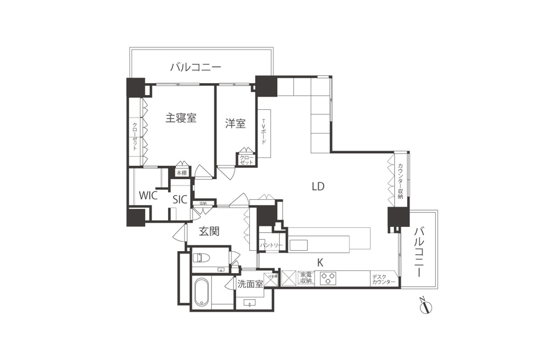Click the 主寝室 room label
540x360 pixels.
pyautogui.click(x=181, y=118)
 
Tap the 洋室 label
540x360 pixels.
pyautogui.click(x=235, y=123)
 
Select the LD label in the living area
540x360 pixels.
pyautogui.click(x=318, y=186)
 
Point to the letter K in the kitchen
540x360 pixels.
pyautogui.click(x=320, y=263)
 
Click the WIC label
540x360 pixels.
pyautogui.click(x=148, y=196)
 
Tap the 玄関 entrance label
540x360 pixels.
pyautogui.click(x=209, y=232)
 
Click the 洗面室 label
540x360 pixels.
pyautogui.click(x=250, y=284)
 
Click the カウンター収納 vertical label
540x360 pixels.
pyautogui.click(x=400, y=181)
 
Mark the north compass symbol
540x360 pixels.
pyautogui.click(x=425, y=307)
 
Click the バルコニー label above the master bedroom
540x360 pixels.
pyautogui.click(x=195, y=67)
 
